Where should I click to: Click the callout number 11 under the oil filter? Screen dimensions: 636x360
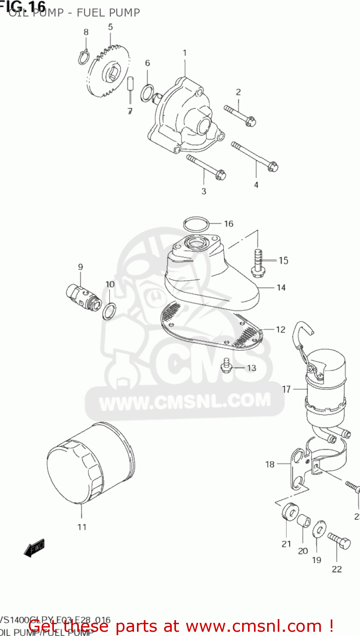pos(82,527)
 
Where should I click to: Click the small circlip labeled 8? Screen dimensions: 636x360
pos(84,57)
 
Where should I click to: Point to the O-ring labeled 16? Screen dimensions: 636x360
pos(196,223)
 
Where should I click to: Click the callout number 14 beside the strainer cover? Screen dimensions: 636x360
pos(281,287)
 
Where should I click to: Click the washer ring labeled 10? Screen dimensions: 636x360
pos(109,312)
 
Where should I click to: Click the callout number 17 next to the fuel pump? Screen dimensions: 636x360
pos(287,389)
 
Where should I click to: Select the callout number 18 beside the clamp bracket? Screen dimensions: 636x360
pos(270,464)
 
